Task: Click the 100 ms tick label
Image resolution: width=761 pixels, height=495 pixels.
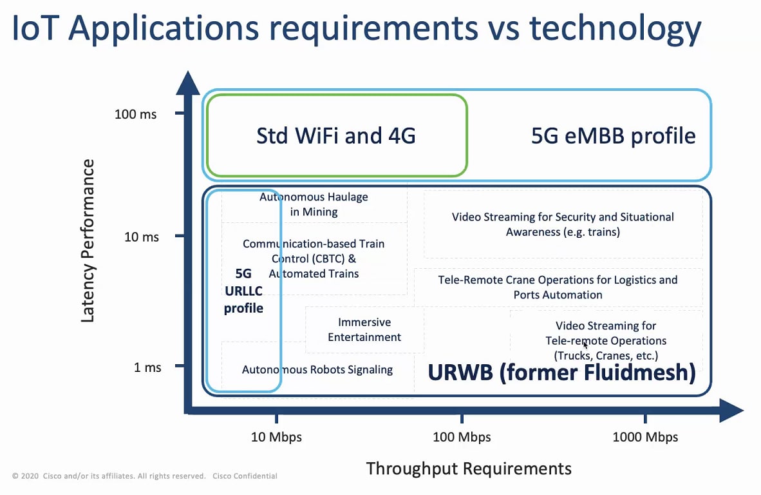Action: point(135,114)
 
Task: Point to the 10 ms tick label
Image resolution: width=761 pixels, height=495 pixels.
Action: point(141,237)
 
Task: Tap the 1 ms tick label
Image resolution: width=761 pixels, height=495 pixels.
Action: point(147,367)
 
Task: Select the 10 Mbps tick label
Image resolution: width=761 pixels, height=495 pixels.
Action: point(276,437)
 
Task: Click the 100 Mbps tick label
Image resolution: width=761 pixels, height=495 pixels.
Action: point(462,437)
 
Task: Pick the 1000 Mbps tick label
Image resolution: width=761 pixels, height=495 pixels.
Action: point(645,437)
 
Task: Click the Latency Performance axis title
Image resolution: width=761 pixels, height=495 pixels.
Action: point(88,240)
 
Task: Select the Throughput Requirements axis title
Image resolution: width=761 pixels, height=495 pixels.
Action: point(469,469)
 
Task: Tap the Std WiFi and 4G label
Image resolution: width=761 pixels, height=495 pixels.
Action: point(336,135)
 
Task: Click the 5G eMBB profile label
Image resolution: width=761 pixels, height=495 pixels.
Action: point(614,136)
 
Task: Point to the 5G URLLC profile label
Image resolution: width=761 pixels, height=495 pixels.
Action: point(243,291)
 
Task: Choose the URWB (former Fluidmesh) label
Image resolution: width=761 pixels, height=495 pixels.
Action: point(561,373)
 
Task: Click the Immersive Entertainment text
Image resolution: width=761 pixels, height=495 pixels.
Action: point(364,330)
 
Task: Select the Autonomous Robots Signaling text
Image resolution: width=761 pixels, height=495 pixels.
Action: point(317,370)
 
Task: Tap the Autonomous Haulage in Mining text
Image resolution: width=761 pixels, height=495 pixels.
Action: point(314,204)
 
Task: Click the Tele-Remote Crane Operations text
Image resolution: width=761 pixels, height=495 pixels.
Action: point(558,287)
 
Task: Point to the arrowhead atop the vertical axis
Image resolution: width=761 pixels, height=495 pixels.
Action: point(188,82)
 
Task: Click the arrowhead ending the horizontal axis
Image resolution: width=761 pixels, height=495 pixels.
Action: point(731,411)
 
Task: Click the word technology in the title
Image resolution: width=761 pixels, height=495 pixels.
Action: point(615,29)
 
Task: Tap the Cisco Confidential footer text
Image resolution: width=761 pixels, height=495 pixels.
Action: point(245,476)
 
